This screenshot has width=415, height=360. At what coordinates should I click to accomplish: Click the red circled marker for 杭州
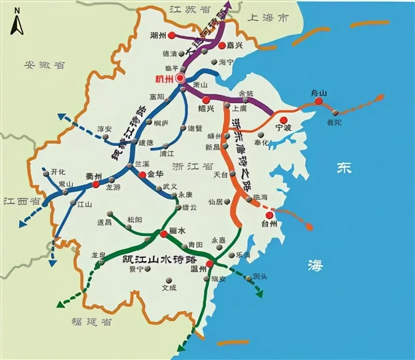[180, 78]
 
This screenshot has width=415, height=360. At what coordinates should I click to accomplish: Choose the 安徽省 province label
[45, 65]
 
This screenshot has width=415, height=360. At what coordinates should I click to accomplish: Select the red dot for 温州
[210, 264]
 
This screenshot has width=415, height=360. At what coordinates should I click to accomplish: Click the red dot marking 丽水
[164, 234]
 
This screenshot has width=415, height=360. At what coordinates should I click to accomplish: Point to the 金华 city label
[155, 175]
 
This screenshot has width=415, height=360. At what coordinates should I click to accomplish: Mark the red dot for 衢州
[95, 184]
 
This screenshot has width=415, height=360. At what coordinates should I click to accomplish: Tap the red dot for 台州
[269, 215]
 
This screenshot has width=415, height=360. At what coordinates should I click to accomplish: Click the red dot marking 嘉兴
[222, 46]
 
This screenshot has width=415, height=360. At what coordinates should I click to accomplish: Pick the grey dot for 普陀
[336, 113]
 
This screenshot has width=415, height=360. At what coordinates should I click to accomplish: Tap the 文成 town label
[169, 286]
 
